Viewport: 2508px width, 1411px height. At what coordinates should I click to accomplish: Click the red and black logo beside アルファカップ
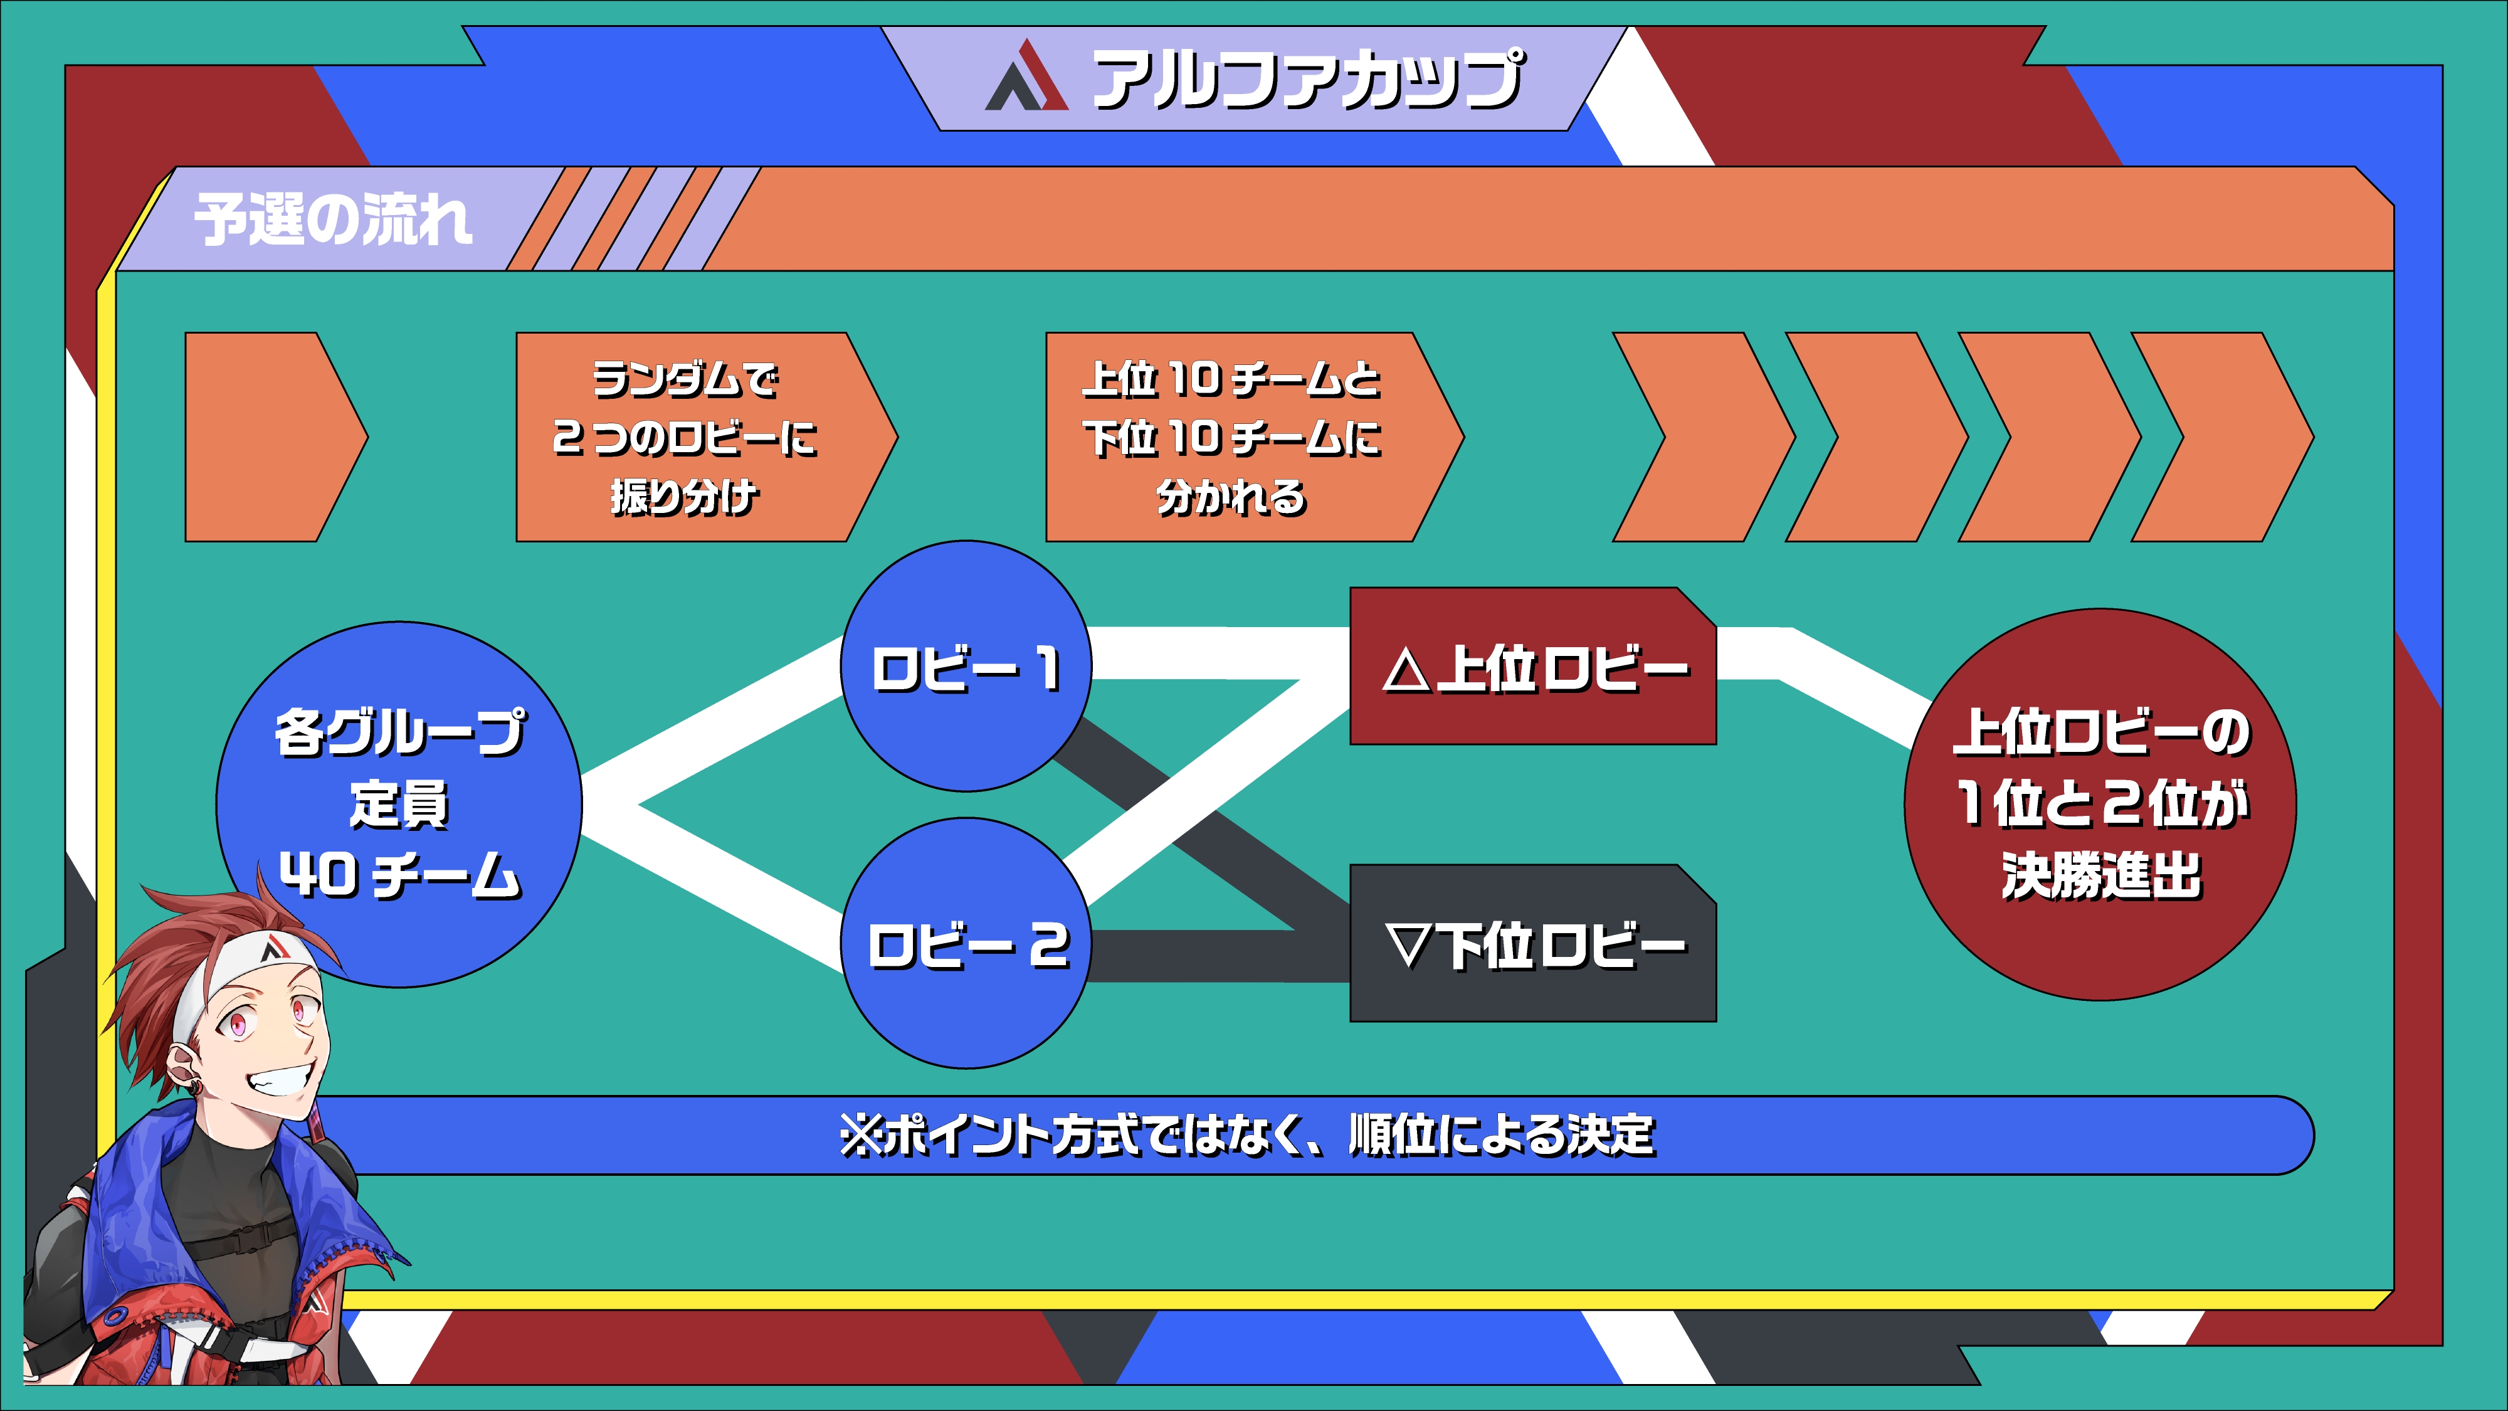pyautogui.click(x=1027, y=78)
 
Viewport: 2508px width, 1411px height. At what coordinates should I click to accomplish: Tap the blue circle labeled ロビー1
pyautogui.click(x=966, y=668)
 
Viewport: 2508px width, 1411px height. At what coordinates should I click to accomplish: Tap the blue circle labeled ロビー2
pyautogui.click(x=966, y=944)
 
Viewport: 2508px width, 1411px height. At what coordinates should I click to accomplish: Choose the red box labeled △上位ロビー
pyautogui.click(x=1532, y=668)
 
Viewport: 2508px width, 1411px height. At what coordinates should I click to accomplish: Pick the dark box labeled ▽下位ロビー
pyautogui.click(x=1532, y=944)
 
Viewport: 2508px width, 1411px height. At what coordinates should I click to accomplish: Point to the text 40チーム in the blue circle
pyautogui.click(x=399, y=874)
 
